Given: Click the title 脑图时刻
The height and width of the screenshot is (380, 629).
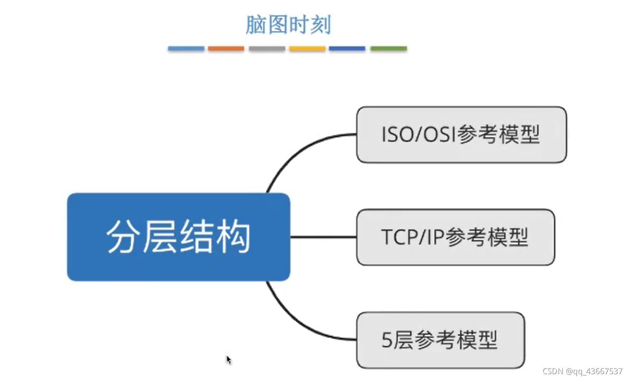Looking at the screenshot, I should pyautogui.click(x=288, y=25).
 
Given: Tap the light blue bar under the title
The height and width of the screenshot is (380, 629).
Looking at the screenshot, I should pyautogui.click(x=186, y=49).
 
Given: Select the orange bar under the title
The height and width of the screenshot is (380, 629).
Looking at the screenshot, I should pyautogui.click(x=226, y=49).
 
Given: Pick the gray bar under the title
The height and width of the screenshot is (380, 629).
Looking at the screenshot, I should pyautogui.click(x=267, y=49).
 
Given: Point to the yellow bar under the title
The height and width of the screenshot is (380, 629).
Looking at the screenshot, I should pyautogui.click(x=307, y=49).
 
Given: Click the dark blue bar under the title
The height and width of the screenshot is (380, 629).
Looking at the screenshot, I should pyautogui.click(x=347, y=49).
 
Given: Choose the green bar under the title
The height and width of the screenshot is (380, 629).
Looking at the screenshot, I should pyautogui.click(x=388, y=49).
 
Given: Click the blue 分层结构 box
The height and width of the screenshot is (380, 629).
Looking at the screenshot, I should pyautogui.click(x=178, y=237).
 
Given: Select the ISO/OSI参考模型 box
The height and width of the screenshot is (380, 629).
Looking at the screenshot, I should pyautogui.click(x=461, y=134).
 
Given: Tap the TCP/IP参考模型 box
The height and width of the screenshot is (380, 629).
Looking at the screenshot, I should pyautogui.click(x=455, y=237).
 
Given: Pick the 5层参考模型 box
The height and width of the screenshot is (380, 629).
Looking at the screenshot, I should pyautogui.click(x=440, y=340).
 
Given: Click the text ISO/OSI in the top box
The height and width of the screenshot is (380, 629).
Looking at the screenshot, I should pyautogui.click(x=418, y=135).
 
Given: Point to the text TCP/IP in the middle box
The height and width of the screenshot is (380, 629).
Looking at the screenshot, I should pyautogui.click(x=412, y=237).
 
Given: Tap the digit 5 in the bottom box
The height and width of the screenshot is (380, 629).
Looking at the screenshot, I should pyautogui.click(x=387, y=340).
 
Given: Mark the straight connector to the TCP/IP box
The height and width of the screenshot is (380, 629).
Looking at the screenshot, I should pyautogui.click(x=323, y=237).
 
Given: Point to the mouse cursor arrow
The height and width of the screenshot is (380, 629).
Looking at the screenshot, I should pyautogui.click(x=228, y=360).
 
